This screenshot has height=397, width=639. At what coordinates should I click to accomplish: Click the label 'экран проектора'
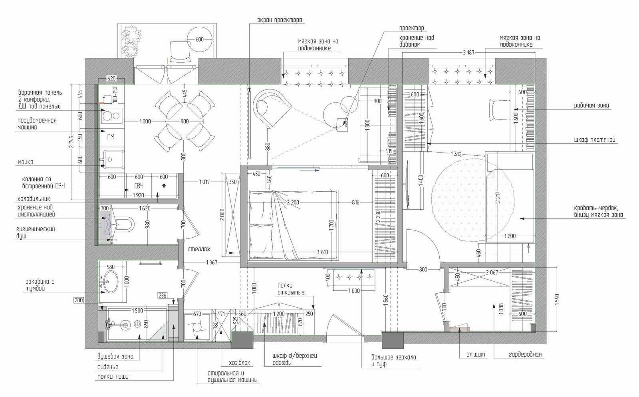point(280,20)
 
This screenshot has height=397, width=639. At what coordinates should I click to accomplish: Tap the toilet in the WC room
point(125,224)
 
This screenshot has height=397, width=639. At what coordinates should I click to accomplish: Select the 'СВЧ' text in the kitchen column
point(139,186)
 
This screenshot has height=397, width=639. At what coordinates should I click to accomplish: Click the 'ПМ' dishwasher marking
point(111,137)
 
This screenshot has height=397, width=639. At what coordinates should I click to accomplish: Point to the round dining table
point(185,121)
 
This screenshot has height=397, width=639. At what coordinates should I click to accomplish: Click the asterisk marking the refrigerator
point(164,186)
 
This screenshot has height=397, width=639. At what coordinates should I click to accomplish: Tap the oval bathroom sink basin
point(110,282)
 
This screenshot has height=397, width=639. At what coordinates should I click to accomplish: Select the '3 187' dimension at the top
point(468,52)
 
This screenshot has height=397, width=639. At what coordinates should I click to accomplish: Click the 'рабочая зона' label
point(591,105)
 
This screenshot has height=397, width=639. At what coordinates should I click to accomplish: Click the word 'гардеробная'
point(525,355)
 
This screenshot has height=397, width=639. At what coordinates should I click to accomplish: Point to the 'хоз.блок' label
point(239,363)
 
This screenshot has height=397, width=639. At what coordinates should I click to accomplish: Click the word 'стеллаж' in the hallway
point(199,249)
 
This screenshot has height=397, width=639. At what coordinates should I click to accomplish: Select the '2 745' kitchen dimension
point(71,142)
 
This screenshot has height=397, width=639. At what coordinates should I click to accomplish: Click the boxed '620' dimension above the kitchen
point(111,78)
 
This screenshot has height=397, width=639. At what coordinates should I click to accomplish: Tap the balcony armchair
point(180,52)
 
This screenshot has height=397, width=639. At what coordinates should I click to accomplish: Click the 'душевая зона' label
point(115,357)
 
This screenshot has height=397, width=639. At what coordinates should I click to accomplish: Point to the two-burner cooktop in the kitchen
point(111,116)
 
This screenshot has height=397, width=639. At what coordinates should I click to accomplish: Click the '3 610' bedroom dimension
point(322,252)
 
